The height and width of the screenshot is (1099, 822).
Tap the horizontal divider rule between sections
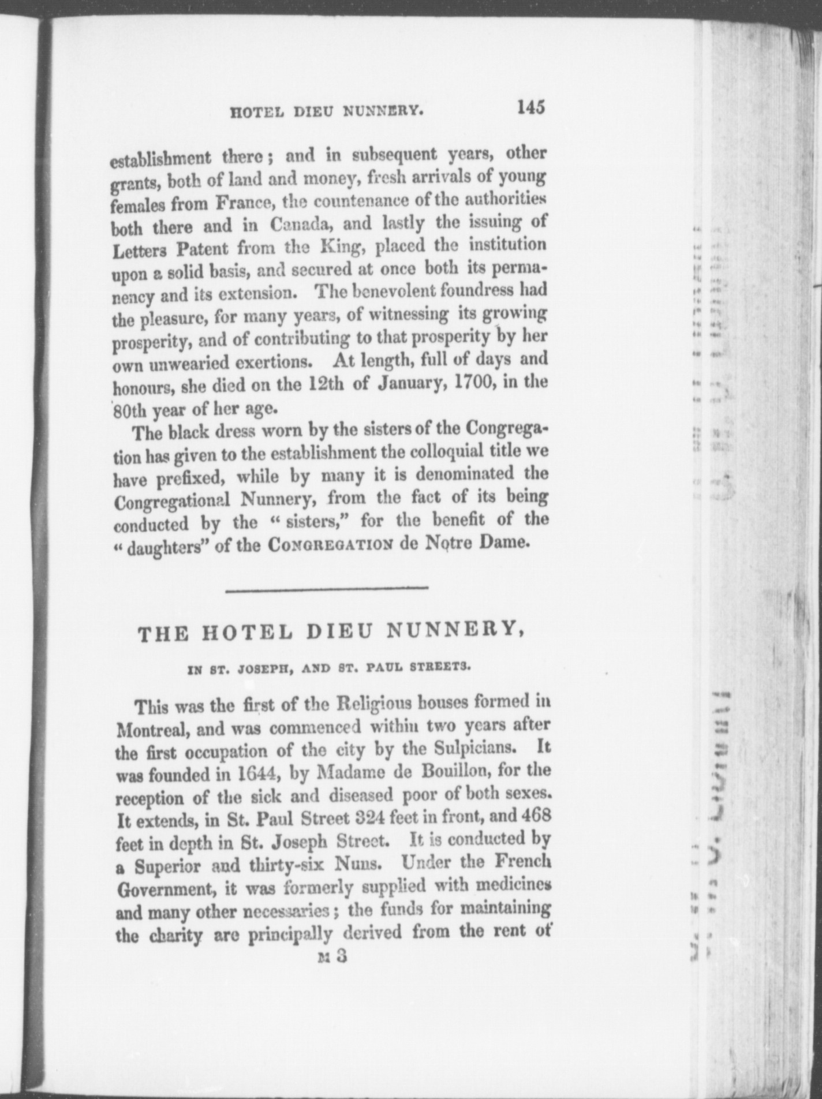tap(327, 589)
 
